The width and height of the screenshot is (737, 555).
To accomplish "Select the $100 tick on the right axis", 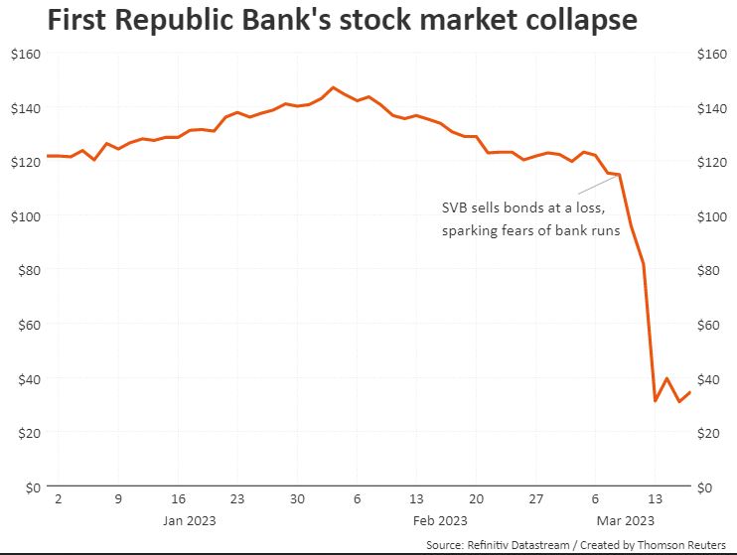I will click(716, 216).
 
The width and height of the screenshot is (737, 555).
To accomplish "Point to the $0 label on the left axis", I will click(29, 487).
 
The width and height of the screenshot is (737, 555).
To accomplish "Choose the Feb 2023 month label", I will click(439, 520).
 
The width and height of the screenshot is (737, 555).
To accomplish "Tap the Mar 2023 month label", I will click(626, 520).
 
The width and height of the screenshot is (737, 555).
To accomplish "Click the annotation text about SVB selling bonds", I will click(530, 219).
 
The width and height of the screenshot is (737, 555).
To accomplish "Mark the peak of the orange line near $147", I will click(334, 87).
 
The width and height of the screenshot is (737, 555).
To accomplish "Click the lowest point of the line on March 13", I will click(656, 401).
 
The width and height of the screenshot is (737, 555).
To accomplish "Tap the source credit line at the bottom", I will click(578, 545).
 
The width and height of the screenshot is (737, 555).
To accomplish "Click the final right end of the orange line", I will click(690, 391).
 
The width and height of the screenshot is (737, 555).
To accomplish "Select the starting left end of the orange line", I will click(47, 156).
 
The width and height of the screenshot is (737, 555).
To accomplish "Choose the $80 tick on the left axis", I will click(25, 270).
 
